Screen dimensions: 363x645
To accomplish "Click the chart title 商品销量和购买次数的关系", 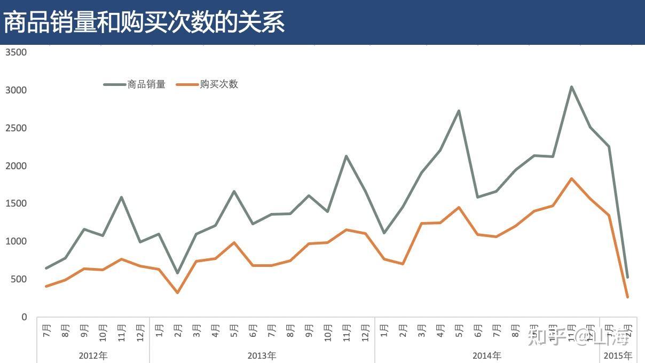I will pos(144,22).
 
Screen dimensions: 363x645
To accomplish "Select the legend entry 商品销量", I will pos(146,84).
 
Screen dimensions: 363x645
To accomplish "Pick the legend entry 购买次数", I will pos(219,84).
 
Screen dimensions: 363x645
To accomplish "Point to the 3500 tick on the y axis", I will pos(16,52).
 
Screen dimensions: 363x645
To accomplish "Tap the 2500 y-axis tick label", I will pos(16,128).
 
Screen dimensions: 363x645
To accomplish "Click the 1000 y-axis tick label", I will pos(16,241).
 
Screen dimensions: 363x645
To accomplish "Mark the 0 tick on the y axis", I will pos(23,317).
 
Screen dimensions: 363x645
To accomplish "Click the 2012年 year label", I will pos(93,356).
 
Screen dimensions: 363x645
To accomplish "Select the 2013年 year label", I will pos(262,356).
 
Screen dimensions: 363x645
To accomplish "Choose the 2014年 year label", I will pos(487,356).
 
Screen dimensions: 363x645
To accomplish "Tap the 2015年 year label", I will pos(618,356).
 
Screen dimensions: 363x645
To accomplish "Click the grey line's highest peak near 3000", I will pos(571,87).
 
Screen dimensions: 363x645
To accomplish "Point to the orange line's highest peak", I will pos(571,179).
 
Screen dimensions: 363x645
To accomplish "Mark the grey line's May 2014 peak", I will pos(459,111).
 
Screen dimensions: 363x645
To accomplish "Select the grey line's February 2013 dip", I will pos(177,273).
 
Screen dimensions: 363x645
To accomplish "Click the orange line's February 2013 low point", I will pos(177,293).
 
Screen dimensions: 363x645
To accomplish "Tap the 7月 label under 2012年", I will pos(46,329).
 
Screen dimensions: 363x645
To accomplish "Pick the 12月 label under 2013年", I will pos(365,332).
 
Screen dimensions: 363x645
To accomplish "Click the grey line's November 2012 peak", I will pos(121,198).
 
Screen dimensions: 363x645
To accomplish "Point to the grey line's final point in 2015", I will pos(627,277).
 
